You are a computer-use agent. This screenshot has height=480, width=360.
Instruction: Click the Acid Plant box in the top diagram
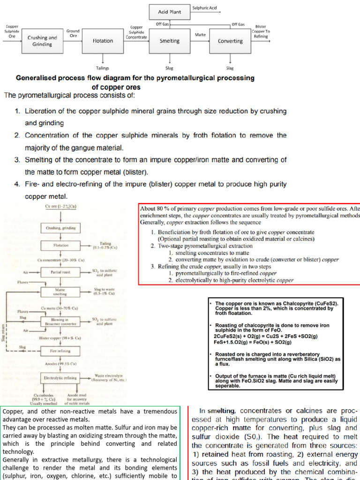169,12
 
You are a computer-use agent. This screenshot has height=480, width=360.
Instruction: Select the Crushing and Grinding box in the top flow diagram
42,41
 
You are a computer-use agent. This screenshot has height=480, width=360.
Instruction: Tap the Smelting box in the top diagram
169,41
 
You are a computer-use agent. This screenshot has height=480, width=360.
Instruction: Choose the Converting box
230,41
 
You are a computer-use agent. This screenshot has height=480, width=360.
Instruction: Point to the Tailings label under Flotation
103,68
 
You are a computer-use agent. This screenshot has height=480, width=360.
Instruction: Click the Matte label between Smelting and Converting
200,34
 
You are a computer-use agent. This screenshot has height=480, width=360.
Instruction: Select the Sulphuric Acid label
204,7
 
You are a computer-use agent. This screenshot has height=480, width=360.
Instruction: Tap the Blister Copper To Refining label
261,31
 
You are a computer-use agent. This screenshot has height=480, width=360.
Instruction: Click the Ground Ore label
73,33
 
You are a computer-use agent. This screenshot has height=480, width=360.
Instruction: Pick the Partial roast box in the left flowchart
60,272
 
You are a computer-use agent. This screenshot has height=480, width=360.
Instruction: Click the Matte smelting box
60,292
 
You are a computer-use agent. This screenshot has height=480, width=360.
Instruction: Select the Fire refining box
60,350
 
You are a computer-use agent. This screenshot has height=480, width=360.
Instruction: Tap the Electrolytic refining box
60,377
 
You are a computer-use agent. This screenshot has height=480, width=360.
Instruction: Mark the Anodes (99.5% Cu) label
60,363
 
